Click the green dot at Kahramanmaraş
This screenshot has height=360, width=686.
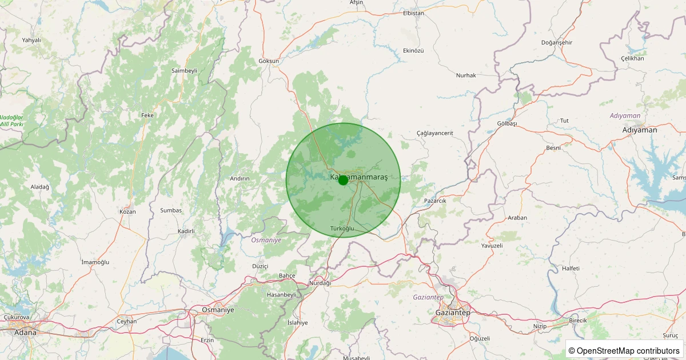click(343, 180)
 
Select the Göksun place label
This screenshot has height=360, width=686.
click(269, 61)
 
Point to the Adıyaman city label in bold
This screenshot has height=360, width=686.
click(640, 130)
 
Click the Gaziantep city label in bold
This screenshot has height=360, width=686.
click(452, 313)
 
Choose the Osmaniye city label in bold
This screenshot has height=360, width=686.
click(218, 310)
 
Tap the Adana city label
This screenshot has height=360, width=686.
click(25, 333)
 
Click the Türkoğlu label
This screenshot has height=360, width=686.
click(343, 229)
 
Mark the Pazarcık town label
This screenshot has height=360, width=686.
click(435, 201)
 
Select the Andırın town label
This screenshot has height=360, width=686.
click(240, 178)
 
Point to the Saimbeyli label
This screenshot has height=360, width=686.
click(184, 70)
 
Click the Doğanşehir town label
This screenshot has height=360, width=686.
click(556, 43)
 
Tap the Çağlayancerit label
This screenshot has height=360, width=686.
click(434, 133)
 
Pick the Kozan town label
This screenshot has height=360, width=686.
click(127, 211)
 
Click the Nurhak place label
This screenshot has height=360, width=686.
click(466, 75)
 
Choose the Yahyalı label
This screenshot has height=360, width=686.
click(31, 40)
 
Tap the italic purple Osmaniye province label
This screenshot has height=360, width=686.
click(266, 240)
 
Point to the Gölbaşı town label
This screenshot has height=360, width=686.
click(507, 123)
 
